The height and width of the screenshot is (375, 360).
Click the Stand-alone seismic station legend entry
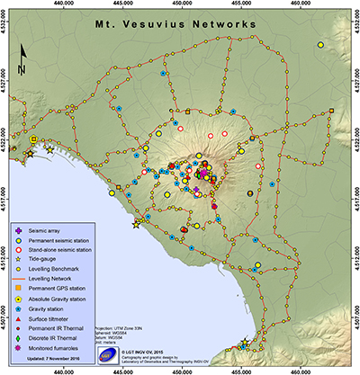66,247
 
